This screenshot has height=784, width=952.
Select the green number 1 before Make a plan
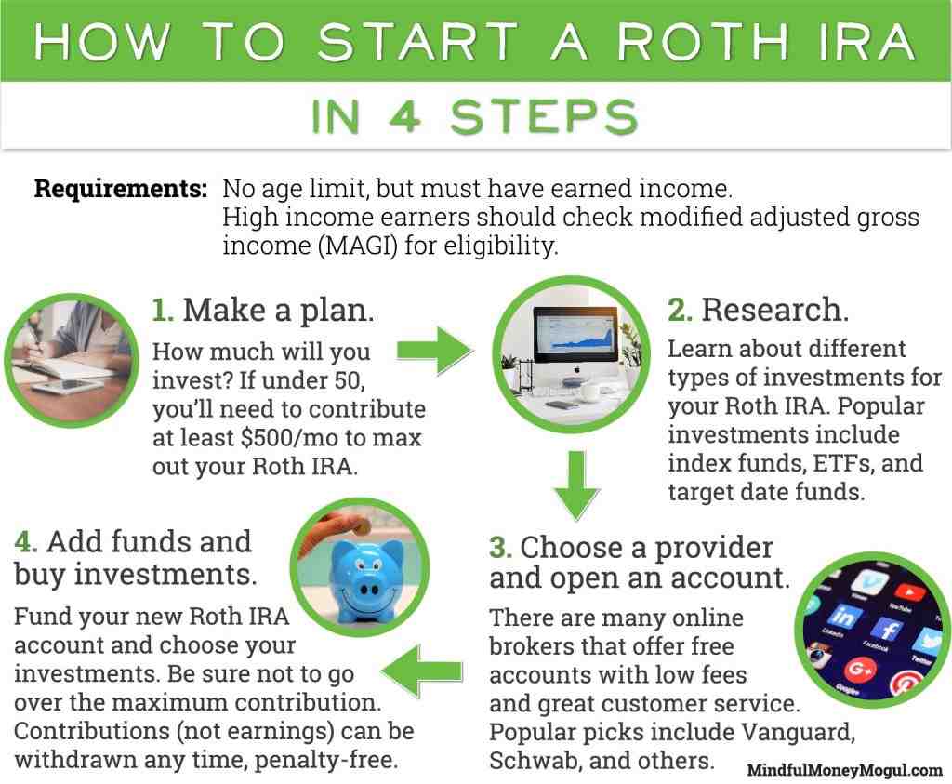coord(163,310)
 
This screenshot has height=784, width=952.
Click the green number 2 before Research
coord(680,310)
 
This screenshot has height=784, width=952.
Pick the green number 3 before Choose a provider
coord(500,547)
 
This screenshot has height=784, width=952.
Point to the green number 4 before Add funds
coord(24,541)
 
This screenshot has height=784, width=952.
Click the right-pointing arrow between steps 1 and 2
coord(434,351)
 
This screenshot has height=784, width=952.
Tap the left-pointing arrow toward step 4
coord(424,670)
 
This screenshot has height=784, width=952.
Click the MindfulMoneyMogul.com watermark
coord(844,770)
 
